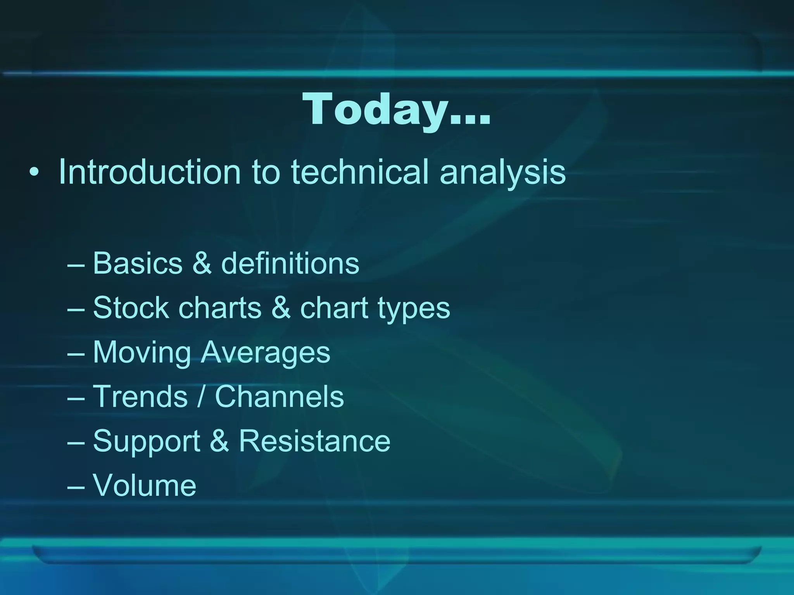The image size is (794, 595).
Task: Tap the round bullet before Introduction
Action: coord(34,173)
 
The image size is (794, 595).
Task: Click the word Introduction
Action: coord(150,172)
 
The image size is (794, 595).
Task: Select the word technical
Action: coord(359,172)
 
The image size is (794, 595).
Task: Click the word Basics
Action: coord(138,263)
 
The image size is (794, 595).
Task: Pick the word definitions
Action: coord(290,263)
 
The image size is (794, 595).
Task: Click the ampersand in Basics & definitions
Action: coord(202,263)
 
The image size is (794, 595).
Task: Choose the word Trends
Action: coord(140,397)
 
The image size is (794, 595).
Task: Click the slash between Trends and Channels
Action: coord(201,397)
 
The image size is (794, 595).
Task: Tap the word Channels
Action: coord(279,397)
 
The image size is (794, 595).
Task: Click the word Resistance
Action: coord(314,441)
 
